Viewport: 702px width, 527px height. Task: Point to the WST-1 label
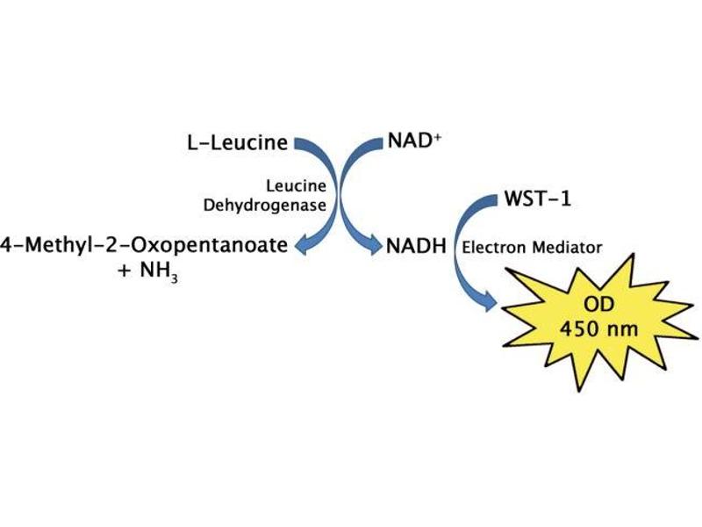coord(537,199)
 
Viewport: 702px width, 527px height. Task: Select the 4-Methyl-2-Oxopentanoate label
coord(145,246)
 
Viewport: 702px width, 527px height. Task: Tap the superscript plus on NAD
coord(436,136)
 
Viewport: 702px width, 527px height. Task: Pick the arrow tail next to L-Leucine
coord(301,143)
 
